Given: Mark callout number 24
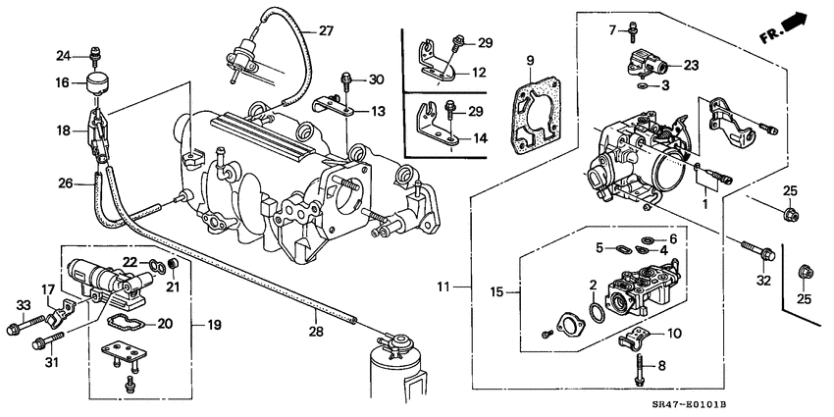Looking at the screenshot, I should (x=64, y=55).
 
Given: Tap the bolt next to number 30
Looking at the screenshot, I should (x=346, y=78).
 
